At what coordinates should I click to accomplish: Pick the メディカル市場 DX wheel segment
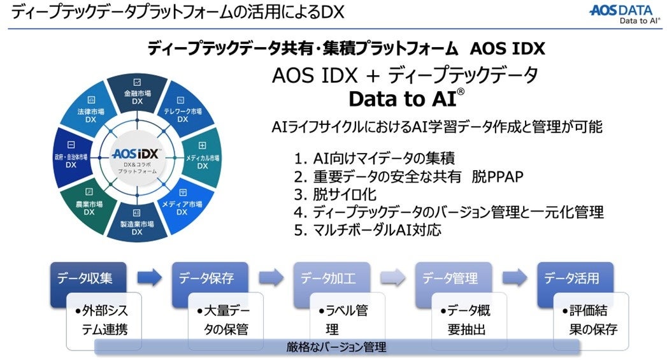pos(202,159)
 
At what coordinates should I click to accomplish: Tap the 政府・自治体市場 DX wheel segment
pos(71,159)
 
